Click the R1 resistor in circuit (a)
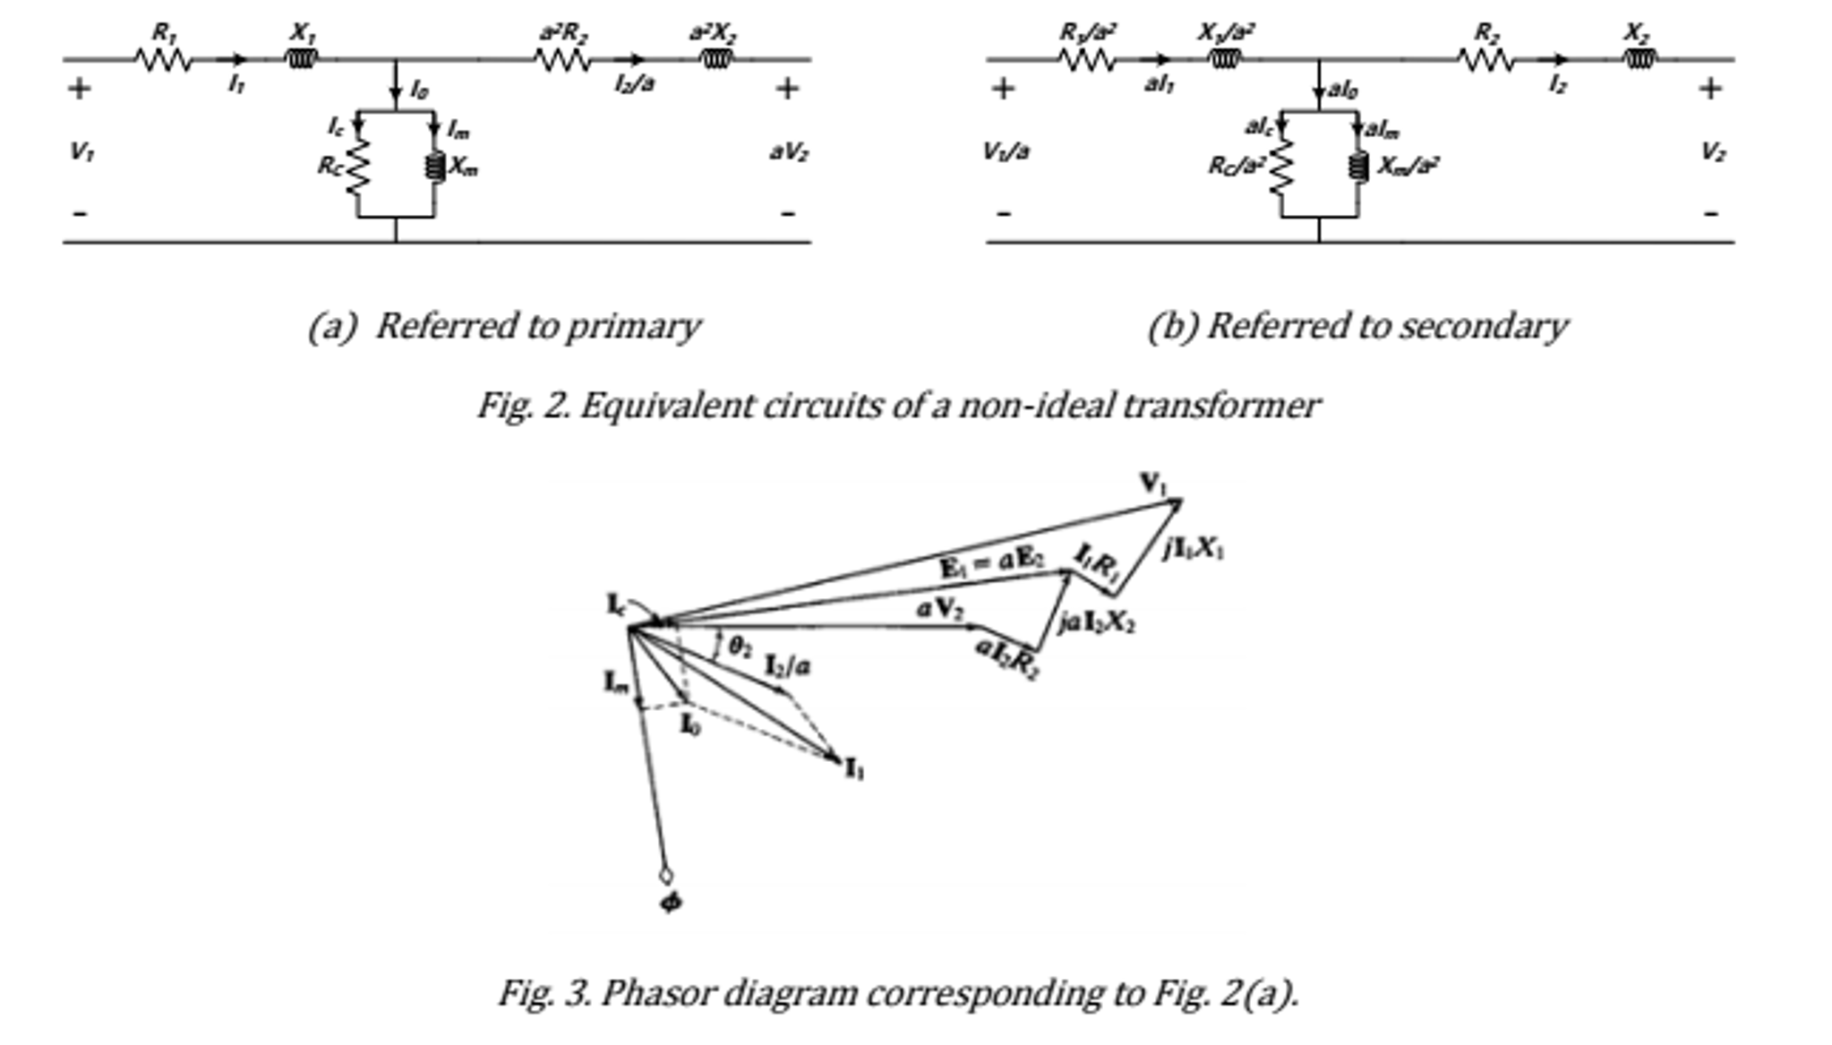point(164,60)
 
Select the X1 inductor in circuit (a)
point(302,60)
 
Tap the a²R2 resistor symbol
point(562,60)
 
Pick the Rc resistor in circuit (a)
point(357,167)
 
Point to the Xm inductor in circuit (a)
point(435,167)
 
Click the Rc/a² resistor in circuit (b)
point(1281,167)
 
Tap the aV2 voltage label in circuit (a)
point(788,152)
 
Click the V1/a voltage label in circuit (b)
point(1006,151)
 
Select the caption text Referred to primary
point(537,327)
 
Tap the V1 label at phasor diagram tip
point(1153,484)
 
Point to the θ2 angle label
point(739,647)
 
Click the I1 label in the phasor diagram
point(854,768)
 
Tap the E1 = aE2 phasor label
point(992,564)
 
